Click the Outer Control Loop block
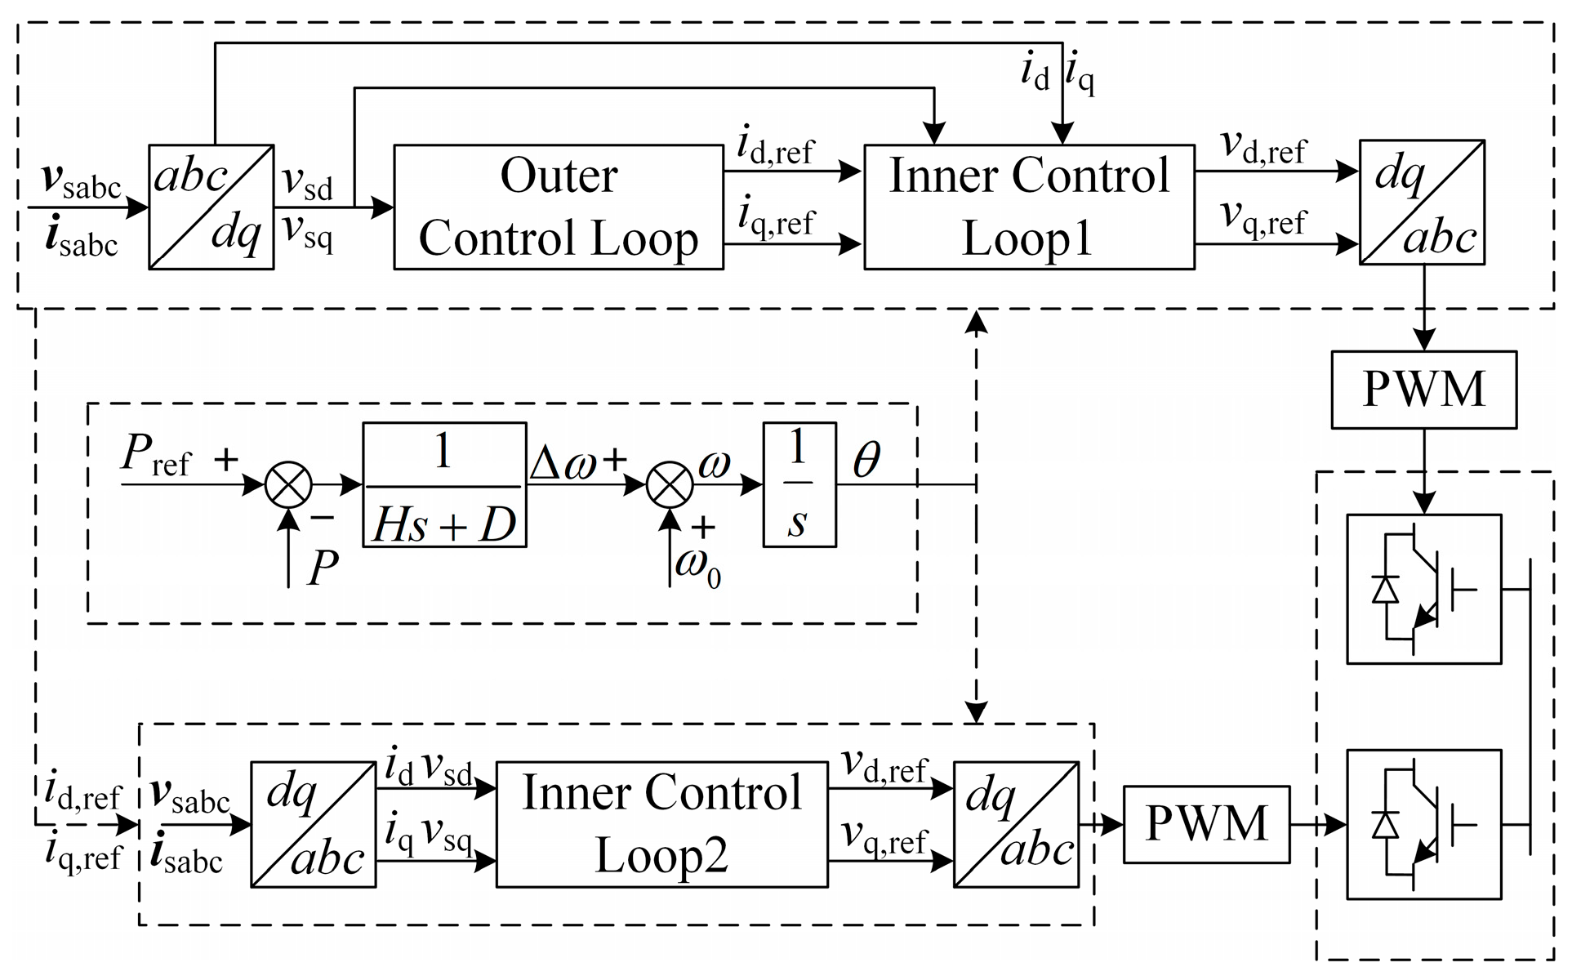[x=559, y=207]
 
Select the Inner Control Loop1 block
[x=1029, y=207]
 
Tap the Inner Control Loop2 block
[x=661, y=825]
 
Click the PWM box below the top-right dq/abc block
[x=1423, y=390]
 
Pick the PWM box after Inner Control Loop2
[x=1206, y=824]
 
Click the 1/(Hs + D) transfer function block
[x=444, y=484]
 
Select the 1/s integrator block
[x=799, y=484]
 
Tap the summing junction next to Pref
[x=288, y=484]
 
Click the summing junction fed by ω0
[x=670, y=484]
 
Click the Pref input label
[x=154, y=456]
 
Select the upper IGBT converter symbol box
[x=1423, y=588]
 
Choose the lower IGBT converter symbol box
[x=1423, y=824]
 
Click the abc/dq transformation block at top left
[x=211, y=207]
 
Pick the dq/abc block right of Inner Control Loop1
[x=1422, y=203]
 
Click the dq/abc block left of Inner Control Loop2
[x=313, y=825]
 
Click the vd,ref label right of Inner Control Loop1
[x=1263, y=149]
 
